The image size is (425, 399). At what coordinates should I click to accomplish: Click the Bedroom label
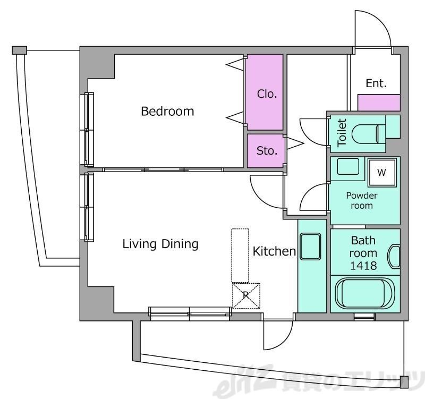pyautogui.click(x=167, y=112)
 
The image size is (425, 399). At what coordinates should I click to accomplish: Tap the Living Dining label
pyautogui.click(x=160, y=244)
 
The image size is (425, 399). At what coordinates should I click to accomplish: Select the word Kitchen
pyautogui.click(x=274, y=251)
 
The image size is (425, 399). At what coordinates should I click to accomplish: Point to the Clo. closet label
pyautogui.click(x=267, y=94)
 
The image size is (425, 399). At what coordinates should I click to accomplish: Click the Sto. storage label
pyautogui.click(x=267, y=151)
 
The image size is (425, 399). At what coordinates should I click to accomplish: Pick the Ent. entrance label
pyautogui.click(x=376, y=83)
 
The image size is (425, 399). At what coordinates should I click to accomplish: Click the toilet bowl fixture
pyautogui.click(x=369, y=134)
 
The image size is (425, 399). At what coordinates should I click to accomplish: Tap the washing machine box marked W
pyautogui.click(x=382, y=172)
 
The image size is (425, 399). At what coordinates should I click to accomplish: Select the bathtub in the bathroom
pyautogui.click(x=364, y=293)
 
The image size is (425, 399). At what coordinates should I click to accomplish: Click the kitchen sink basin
pyautogui.click(x=310, y=247)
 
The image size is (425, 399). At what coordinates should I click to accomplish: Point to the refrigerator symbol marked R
pyautogui.click(x=246, y=296)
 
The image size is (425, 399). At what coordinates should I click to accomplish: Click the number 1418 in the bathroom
pyautogui.click(x=363, y=266)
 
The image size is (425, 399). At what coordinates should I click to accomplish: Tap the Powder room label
pyautogui.click(x=362, y=201)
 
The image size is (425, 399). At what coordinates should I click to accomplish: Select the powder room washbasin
pyautogui.click(x=348, y=166)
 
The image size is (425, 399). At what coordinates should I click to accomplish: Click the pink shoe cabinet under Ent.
pyautogui.click(x=379, y=103)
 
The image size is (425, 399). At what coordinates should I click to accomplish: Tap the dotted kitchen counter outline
pyautogui.click(x=240, y=256)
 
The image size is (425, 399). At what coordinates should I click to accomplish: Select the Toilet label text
pyautogui.click(x=342, y=133)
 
